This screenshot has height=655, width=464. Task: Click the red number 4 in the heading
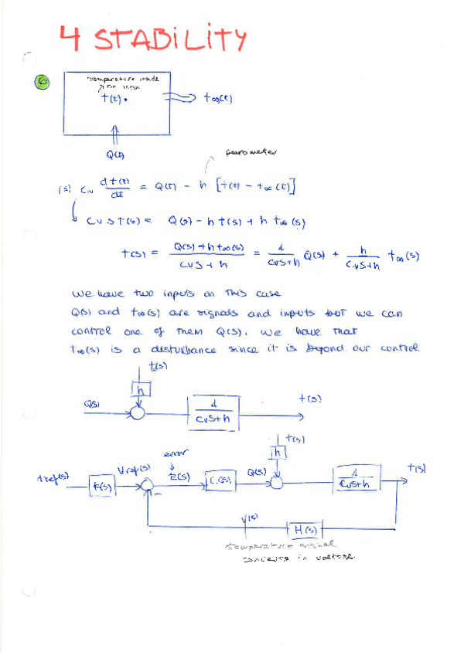coord(73,36)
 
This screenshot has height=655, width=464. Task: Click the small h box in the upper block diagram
coord(140,391)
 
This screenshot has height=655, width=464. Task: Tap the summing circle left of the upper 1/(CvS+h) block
coord(139,412)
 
